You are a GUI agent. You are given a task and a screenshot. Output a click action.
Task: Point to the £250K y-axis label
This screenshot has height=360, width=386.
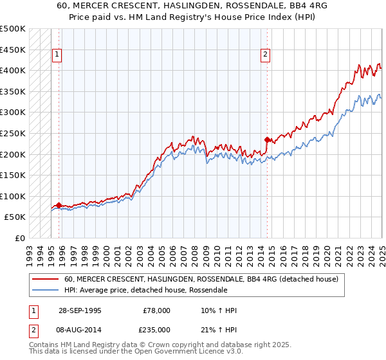pos(13,134)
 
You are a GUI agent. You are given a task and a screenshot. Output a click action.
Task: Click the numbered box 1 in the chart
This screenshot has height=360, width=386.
pos(57,55)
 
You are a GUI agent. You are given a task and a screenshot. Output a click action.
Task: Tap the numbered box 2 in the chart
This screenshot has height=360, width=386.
pos(265,55)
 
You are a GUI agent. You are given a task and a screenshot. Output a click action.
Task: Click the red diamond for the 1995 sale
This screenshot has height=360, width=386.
pos(59,206)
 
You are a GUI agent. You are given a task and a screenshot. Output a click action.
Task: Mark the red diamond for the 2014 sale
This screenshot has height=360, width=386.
pos(267,139)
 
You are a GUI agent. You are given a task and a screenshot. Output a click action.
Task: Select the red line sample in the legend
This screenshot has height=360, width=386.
pos(45,279)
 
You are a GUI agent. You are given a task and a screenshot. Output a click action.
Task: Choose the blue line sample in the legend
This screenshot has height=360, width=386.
pos(45,290)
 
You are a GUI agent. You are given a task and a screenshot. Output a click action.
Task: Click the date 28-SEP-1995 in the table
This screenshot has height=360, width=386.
pos(80,311)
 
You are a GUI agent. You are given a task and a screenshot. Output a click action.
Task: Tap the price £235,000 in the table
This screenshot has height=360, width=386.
pos(156,329)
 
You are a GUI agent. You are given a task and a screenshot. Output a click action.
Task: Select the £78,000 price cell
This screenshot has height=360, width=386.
pos(156,311)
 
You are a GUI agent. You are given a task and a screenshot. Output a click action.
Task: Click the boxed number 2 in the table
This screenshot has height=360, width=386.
pos(33,329)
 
